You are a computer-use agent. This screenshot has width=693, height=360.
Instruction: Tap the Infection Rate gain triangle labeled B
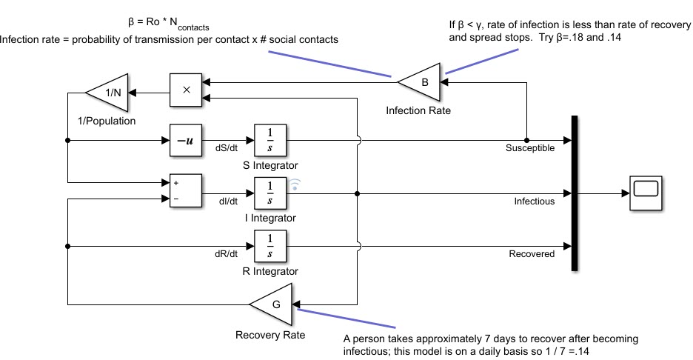tap(421, 82)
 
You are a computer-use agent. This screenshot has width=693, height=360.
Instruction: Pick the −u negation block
tap(185, 139)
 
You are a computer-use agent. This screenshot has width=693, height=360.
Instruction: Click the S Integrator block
tap(269, 139)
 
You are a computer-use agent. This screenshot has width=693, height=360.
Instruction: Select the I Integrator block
tap(269, 193)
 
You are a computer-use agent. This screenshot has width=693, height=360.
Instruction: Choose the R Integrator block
tap(269, 246)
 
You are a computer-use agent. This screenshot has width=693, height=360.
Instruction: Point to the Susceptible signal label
tap(530, 148)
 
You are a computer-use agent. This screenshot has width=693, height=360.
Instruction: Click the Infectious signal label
tap(534, 201)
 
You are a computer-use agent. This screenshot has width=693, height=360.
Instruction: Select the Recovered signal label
tap(532, 254)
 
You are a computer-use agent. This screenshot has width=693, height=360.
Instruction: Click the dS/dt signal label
tap(226, 148)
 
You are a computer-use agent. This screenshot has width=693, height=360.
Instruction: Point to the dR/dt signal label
tap(226, 254)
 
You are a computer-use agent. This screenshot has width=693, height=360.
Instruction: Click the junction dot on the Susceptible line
tap(526, 139)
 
